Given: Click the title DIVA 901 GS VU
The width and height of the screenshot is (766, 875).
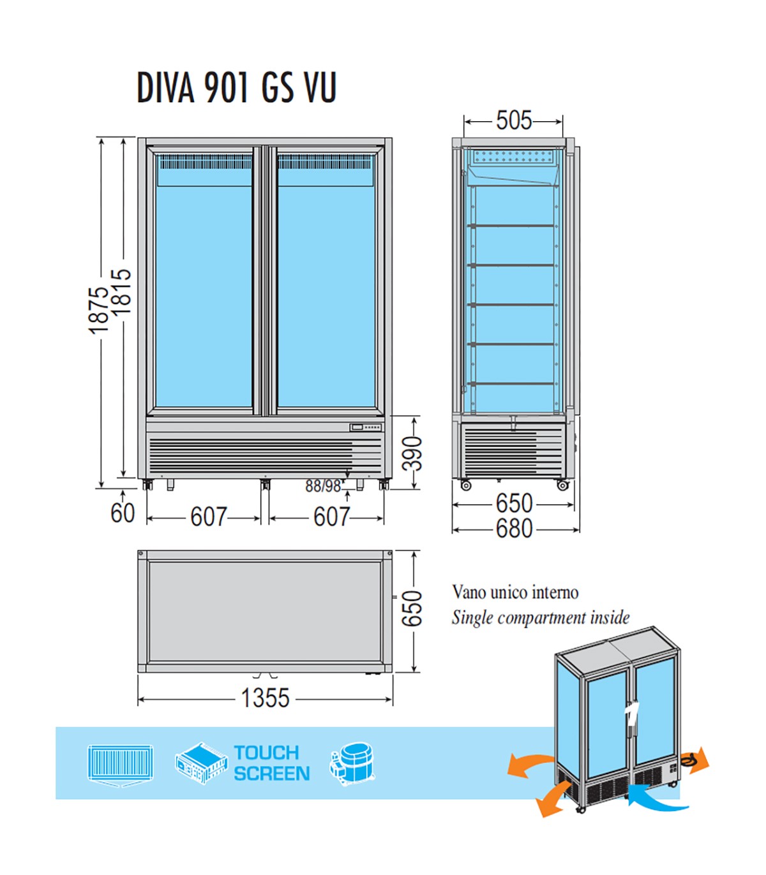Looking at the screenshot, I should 236,87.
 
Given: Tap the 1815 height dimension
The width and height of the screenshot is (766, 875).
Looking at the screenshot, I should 121,291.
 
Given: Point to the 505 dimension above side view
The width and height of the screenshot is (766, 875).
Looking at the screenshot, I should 514,120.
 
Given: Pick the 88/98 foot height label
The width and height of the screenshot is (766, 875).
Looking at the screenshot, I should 323,487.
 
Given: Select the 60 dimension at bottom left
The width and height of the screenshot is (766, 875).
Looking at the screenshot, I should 123,513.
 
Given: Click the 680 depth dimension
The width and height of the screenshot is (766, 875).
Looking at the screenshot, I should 514,529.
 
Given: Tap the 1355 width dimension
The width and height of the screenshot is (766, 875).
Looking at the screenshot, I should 265,698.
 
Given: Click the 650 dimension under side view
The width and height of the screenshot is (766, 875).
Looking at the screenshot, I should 514,503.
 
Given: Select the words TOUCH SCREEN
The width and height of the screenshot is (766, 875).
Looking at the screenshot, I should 271,763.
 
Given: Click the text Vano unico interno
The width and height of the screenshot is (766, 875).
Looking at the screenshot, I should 515,592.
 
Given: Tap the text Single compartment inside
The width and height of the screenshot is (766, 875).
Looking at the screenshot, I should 540,618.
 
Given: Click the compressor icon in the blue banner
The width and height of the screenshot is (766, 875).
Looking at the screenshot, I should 352,763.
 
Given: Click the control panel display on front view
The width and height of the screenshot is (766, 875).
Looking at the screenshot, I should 357,427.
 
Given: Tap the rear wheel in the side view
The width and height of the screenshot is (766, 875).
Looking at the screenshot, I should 562,485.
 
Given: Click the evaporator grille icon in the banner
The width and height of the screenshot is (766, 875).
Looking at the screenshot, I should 120,764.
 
